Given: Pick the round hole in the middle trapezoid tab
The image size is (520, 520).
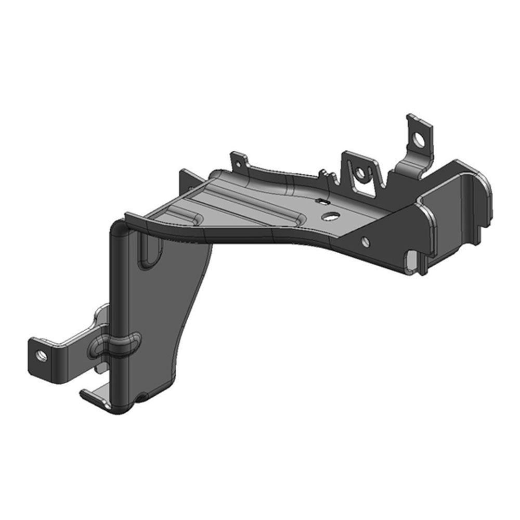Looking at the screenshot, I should (359, 173).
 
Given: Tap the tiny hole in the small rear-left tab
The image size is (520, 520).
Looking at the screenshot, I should (238, 163).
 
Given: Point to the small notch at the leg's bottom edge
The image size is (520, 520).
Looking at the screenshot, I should (140, 399).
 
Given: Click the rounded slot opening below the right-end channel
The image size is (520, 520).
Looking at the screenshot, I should (412, 260).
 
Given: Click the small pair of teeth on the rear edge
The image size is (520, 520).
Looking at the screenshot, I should (323, 173).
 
